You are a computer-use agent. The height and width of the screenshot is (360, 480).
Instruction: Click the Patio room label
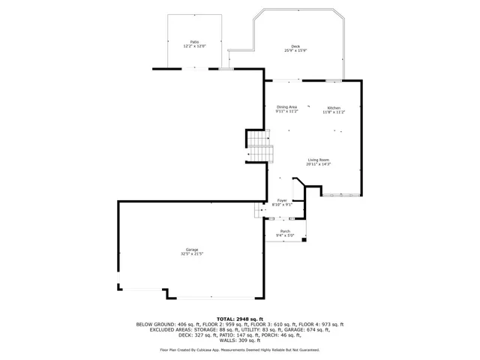click(194, 42)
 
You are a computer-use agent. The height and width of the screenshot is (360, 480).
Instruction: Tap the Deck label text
click(295, 46)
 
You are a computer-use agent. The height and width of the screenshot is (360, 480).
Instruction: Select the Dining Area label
click(286, 107)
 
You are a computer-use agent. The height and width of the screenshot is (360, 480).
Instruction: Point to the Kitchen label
click(333, 107)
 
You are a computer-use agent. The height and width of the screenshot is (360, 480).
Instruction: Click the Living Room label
click(318, 160)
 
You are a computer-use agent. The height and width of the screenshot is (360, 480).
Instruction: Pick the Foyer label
click(282, 200)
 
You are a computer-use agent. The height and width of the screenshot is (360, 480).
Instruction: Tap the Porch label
click(285, 231)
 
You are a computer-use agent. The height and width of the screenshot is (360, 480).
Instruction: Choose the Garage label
click(192, 250)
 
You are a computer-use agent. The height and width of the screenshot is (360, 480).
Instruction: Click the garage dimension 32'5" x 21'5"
click(192, 254)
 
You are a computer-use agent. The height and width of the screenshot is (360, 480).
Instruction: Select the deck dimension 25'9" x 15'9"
click(295, 51)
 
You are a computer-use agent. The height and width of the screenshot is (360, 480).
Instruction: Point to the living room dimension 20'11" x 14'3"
click(318, 164)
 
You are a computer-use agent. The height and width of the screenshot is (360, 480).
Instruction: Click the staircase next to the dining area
click(259, 145)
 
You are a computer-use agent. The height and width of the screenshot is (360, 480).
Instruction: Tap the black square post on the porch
click(303, 241)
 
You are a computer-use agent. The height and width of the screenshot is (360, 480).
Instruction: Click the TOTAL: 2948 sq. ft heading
click(240, 319)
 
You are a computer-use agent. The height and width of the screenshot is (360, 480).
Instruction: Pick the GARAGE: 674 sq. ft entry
click(307, 329)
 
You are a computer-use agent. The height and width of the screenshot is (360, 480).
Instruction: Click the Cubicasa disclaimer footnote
click(240, 349)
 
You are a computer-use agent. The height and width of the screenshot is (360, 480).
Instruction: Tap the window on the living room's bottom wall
click(341, 194)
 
